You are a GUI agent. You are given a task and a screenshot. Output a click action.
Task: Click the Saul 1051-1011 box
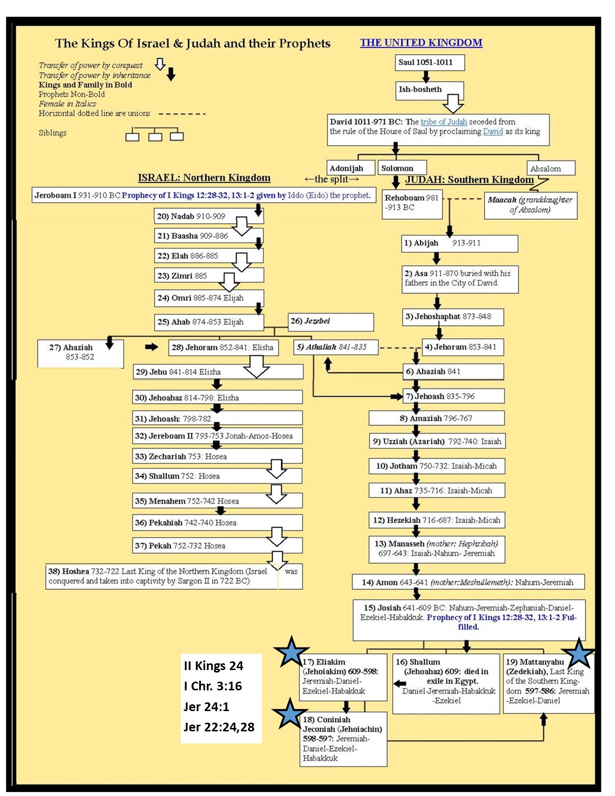(429, 62)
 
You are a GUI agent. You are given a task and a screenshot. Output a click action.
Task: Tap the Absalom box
(550, 168)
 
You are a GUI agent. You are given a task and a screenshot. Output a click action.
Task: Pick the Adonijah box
(351, 168)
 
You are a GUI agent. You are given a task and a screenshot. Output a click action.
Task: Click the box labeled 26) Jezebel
(331, 322)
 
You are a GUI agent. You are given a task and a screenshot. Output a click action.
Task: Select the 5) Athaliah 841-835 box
(336, 347)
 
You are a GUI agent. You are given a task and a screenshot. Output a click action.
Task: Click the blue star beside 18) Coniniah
(289, 714)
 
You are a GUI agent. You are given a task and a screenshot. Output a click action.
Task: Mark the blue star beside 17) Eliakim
(291, 652)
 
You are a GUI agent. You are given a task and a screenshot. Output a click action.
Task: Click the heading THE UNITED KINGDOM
(421, 42)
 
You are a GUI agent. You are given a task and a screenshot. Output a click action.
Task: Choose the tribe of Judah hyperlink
(443, 122)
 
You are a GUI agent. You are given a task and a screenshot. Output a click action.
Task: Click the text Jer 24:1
(206, 707)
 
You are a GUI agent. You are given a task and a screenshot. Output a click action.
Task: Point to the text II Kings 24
(213, 666)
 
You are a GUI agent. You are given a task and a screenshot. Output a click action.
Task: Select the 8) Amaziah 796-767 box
(436, 418)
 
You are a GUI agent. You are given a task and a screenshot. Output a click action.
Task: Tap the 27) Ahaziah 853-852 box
(80, 353)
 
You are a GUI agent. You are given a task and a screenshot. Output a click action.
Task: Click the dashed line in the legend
(182, 114)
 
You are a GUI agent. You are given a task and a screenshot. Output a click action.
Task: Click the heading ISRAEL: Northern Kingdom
(204, 178)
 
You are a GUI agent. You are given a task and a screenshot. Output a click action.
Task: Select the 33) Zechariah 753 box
(217, 456)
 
